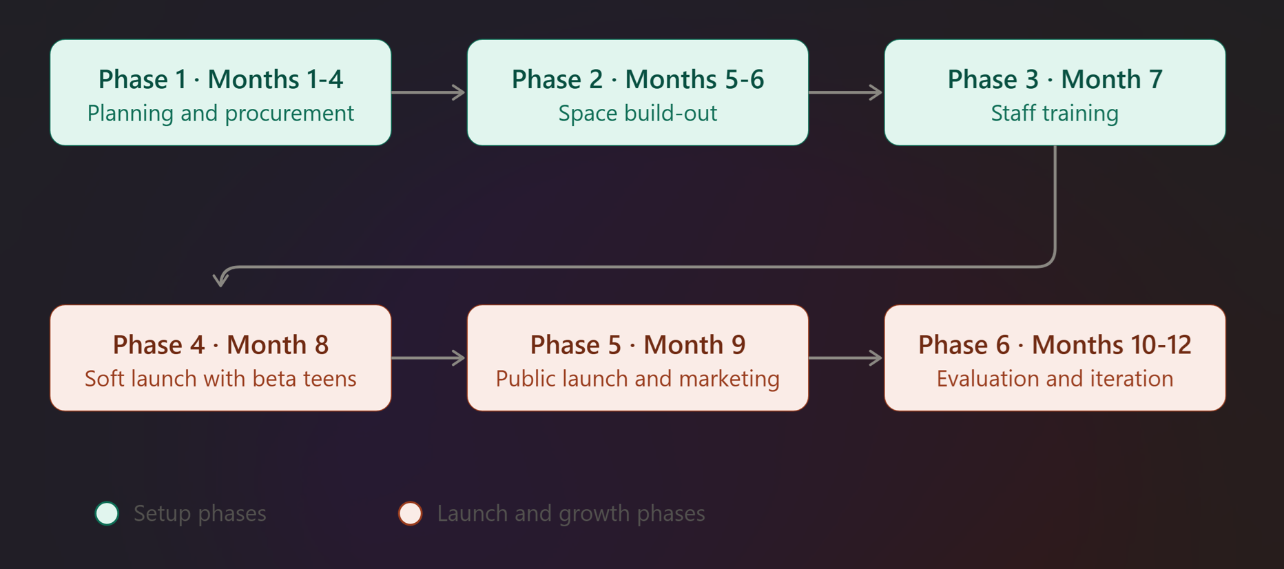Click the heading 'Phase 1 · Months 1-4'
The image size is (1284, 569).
pos(220,79)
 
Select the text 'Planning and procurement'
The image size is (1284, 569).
pos(220,113)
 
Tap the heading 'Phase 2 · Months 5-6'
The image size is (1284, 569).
pos(638,79)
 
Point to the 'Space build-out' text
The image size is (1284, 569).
pos(638,113)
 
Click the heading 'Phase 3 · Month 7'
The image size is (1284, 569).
pos(1055,79)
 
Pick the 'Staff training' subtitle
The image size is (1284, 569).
pos(1055,113)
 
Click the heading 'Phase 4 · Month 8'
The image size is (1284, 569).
pos(220,344)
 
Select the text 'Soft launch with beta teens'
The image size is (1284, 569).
pos(220,378)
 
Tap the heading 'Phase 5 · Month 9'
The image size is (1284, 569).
pos(638,344)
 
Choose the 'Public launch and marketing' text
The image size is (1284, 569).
pos(638,378)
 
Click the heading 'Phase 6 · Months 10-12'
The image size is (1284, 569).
pos(1055,344)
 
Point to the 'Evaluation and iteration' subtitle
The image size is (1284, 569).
pos(1055,378)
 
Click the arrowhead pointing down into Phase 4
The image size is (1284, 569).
pos(220,280)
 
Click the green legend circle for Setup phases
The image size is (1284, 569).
pos(107,513)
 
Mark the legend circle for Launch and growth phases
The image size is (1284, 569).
pos(411,513)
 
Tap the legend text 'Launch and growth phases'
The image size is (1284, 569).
pos(571,513)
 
